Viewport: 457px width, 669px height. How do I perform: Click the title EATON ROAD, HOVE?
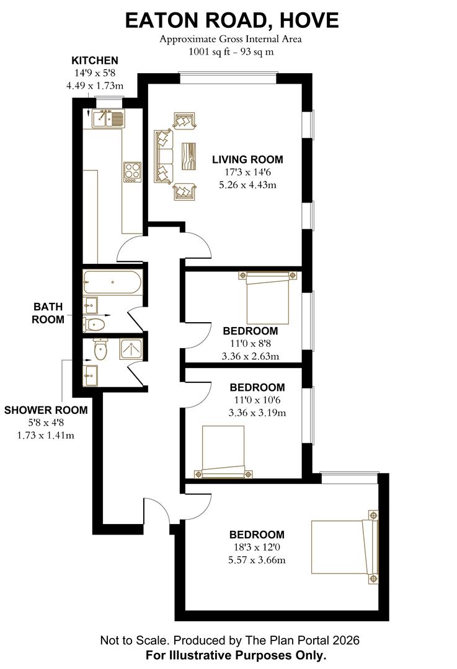pos(232,20)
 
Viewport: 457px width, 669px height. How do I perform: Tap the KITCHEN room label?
pos(95,60)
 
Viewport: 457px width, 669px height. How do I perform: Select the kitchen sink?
pos(108,118)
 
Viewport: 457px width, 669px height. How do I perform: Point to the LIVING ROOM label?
pos(247,159)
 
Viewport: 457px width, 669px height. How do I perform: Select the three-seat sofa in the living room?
pos(164,156)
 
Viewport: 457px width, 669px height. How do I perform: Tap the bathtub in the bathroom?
pos(112,283)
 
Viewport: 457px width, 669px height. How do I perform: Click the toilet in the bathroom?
pos(95,324)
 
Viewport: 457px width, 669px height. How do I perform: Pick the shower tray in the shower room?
pos(131,351)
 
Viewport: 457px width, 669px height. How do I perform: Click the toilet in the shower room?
pos(99,350)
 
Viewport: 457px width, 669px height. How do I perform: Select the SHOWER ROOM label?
pos(46,410)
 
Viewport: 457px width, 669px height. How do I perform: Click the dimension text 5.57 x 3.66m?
pos(257,560)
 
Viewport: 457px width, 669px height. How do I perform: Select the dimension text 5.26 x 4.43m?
pos(247,185)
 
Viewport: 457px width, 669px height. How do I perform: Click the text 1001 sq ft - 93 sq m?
pos(231,51)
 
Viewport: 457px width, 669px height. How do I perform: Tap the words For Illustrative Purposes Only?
pos(236,655)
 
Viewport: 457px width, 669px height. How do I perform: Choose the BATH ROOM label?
pos(48,313)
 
